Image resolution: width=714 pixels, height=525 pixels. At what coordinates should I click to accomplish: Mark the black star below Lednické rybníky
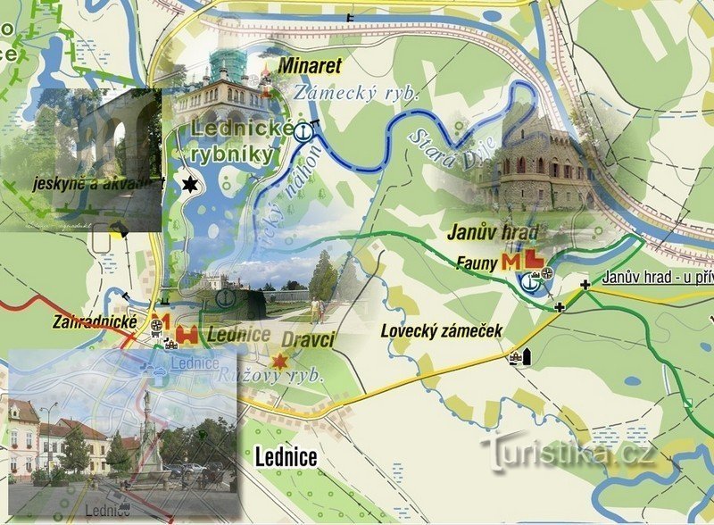click(189, 185)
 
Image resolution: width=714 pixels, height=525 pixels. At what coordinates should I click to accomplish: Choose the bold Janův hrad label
click(494, 233)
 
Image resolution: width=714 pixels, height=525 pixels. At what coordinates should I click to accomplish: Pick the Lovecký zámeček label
click(441, 330)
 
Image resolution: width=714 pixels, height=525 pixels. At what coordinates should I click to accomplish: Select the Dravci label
click(308, 340)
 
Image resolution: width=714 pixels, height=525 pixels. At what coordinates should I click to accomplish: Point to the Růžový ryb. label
click(270, 376)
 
